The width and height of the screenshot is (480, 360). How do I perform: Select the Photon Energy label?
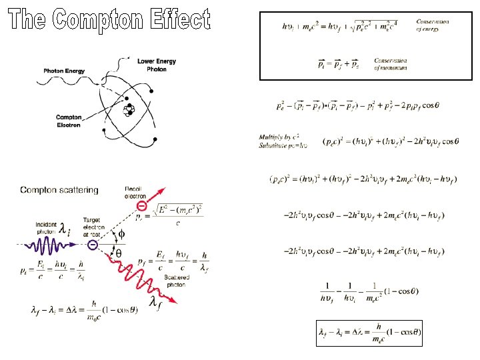pos(64,70)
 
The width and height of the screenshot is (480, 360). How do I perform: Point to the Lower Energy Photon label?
pos(157,65)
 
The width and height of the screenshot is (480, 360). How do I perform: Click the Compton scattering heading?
pos(59,190)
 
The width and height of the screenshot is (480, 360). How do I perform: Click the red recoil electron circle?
pos(143,205)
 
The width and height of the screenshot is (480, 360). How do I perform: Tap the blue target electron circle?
pos(93,245)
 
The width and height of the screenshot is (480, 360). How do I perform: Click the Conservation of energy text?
pos(432,25)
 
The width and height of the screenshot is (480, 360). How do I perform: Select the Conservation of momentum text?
pos(391,64)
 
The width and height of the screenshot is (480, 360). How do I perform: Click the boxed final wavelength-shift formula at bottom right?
pos(369,333)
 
